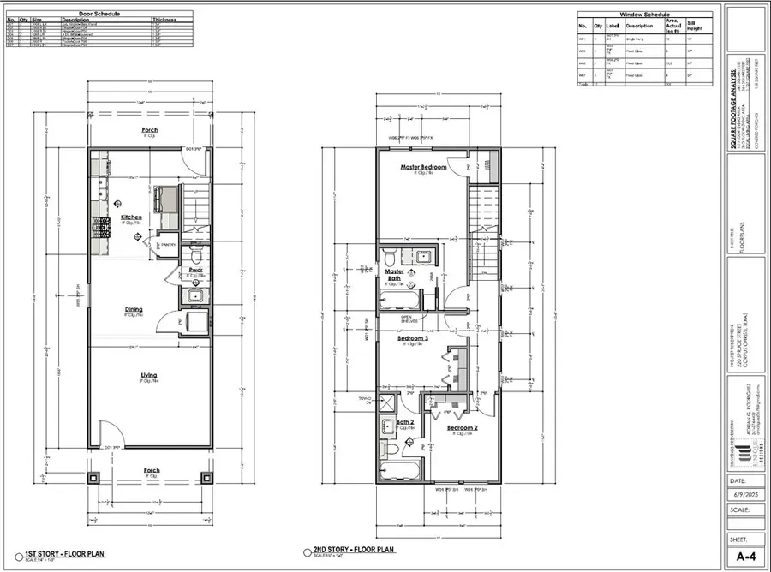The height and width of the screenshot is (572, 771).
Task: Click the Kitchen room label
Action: click(131, 217)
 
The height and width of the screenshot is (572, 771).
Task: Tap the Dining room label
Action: click(133, 309)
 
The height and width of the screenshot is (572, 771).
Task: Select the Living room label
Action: click(150, 375)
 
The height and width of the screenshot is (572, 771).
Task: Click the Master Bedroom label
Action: click(424, 167)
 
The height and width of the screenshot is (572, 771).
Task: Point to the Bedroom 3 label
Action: click(412, 338)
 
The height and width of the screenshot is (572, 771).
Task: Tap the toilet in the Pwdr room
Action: click(195, 256)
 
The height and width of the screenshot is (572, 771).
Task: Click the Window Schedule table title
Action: click(644, 15)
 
